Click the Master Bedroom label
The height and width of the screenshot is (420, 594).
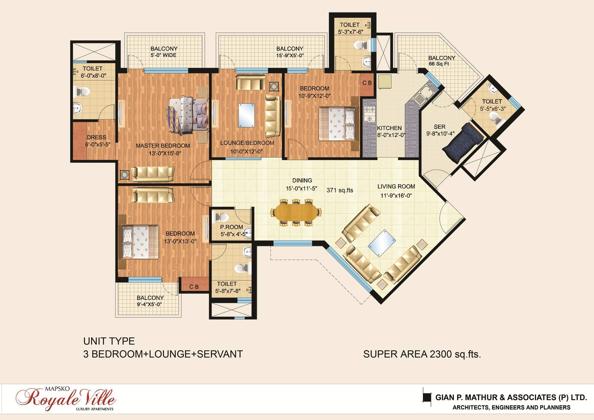point(163,146)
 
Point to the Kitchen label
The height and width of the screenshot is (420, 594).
point(389,128)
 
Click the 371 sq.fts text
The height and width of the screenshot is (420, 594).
point(340,190)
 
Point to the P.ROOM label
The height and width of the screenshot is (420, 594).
point(231,227)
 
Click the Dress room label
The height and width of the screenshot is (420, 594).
point(96,137)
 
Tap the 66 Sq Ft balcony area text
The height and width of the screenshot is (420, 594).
point(439,64)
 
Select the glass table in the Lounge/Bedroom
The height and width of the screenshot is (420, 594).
point(246,115)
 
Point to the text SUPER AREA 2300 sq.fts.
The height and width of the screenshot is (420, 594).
point(422,354)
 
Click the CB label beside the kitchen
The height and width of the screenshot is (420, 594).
point(367,83)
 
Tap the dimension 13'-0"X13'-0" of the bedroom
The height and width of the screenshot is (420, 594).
point(180,241)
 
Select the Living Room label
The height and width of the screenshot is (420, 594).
point(396,187)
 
